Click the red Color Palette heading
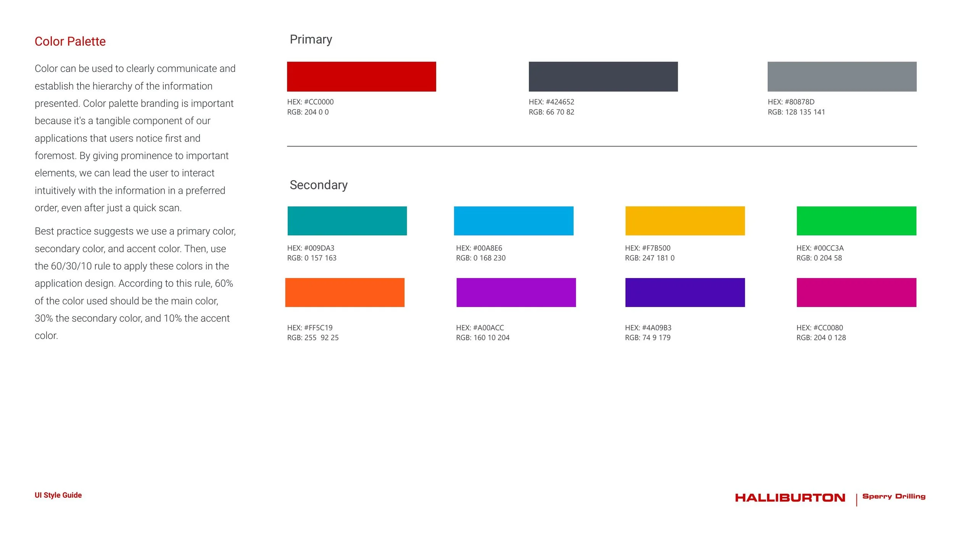70,41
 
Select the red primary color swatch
361,76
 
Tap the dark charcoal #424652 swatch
603,76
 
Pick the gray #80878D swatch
842,76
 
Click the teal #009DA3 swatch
347,221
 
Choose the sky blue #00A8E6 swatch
513,221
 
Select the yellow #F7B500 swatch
685,221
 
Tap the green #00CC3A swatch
856,221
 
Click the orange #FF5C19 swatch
345,292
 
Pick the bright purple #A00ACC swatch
516,292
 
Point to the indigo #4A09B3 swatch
685,292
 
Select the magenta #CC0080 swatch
856,292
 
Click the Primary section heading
311,39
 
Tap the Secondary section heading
318,185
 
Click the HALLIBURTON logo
790,498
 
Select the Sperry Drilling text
894,496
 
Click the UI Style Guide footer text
58,495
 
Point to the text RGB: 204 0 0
308,112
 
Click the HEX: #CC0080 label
819,328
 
